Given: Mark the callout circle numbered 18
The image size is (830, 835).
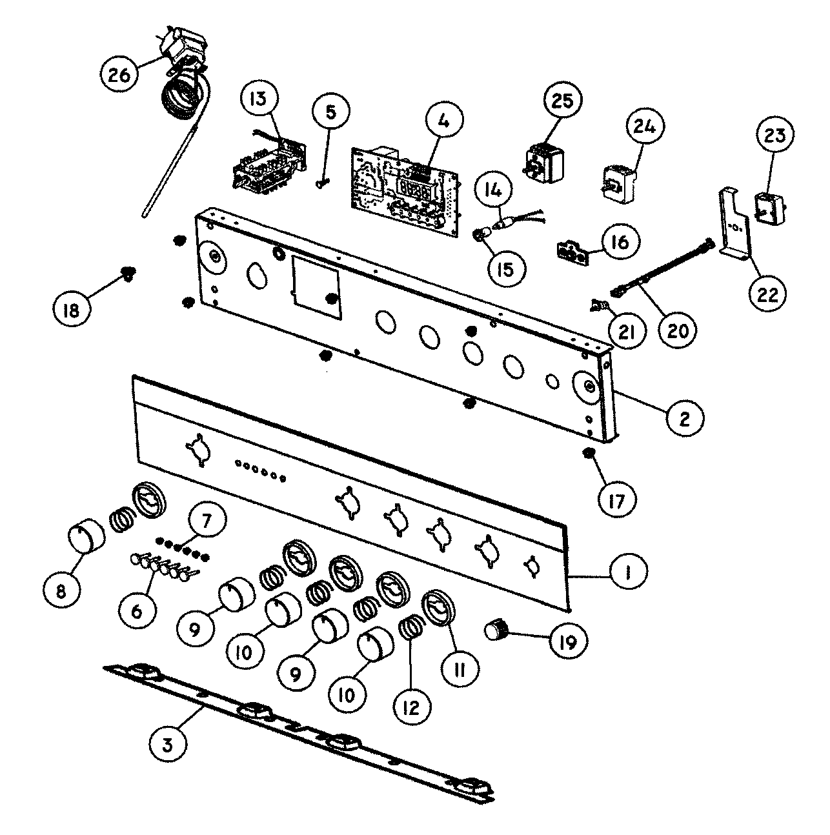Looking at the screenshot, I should coord(71,311).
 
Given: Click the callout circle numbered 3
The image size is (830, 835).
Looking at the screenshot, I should coord(167,745).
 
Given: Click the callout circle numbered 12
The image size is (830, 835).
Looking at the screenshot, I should coord(411,707).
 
